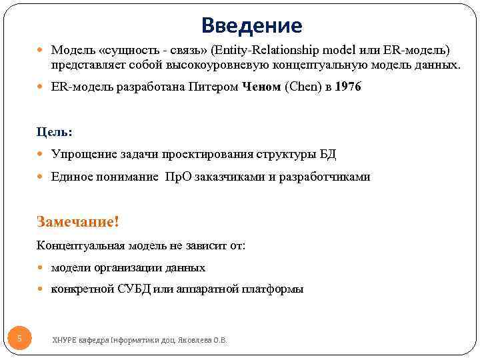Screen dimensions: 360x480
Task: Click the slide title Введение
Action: coord(252,26)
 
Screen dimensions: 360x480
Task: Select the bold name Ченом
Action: coord(261,87)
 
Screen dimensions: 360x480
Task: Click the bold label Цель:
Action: coord(55,132)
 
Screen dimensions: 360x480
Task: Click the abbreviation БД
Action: coord(327,155)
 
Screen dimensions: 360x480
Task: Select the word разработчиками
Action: coord(325,177)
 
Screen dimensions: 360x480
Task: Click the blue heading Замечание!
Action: coord(77,221)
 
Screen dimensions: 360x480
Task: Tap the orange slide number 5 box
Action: coord(19,339)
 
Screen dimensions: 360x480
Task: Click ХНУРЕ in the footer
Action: coord(65,340)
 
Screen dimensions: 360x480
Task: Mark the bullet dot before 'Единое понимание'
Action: coord(43,177)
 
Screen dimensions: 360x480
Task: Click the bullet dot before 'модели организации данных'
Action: coord(43,267)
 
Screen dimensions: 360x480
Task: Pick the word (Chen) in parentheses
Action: coord(304,87)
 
